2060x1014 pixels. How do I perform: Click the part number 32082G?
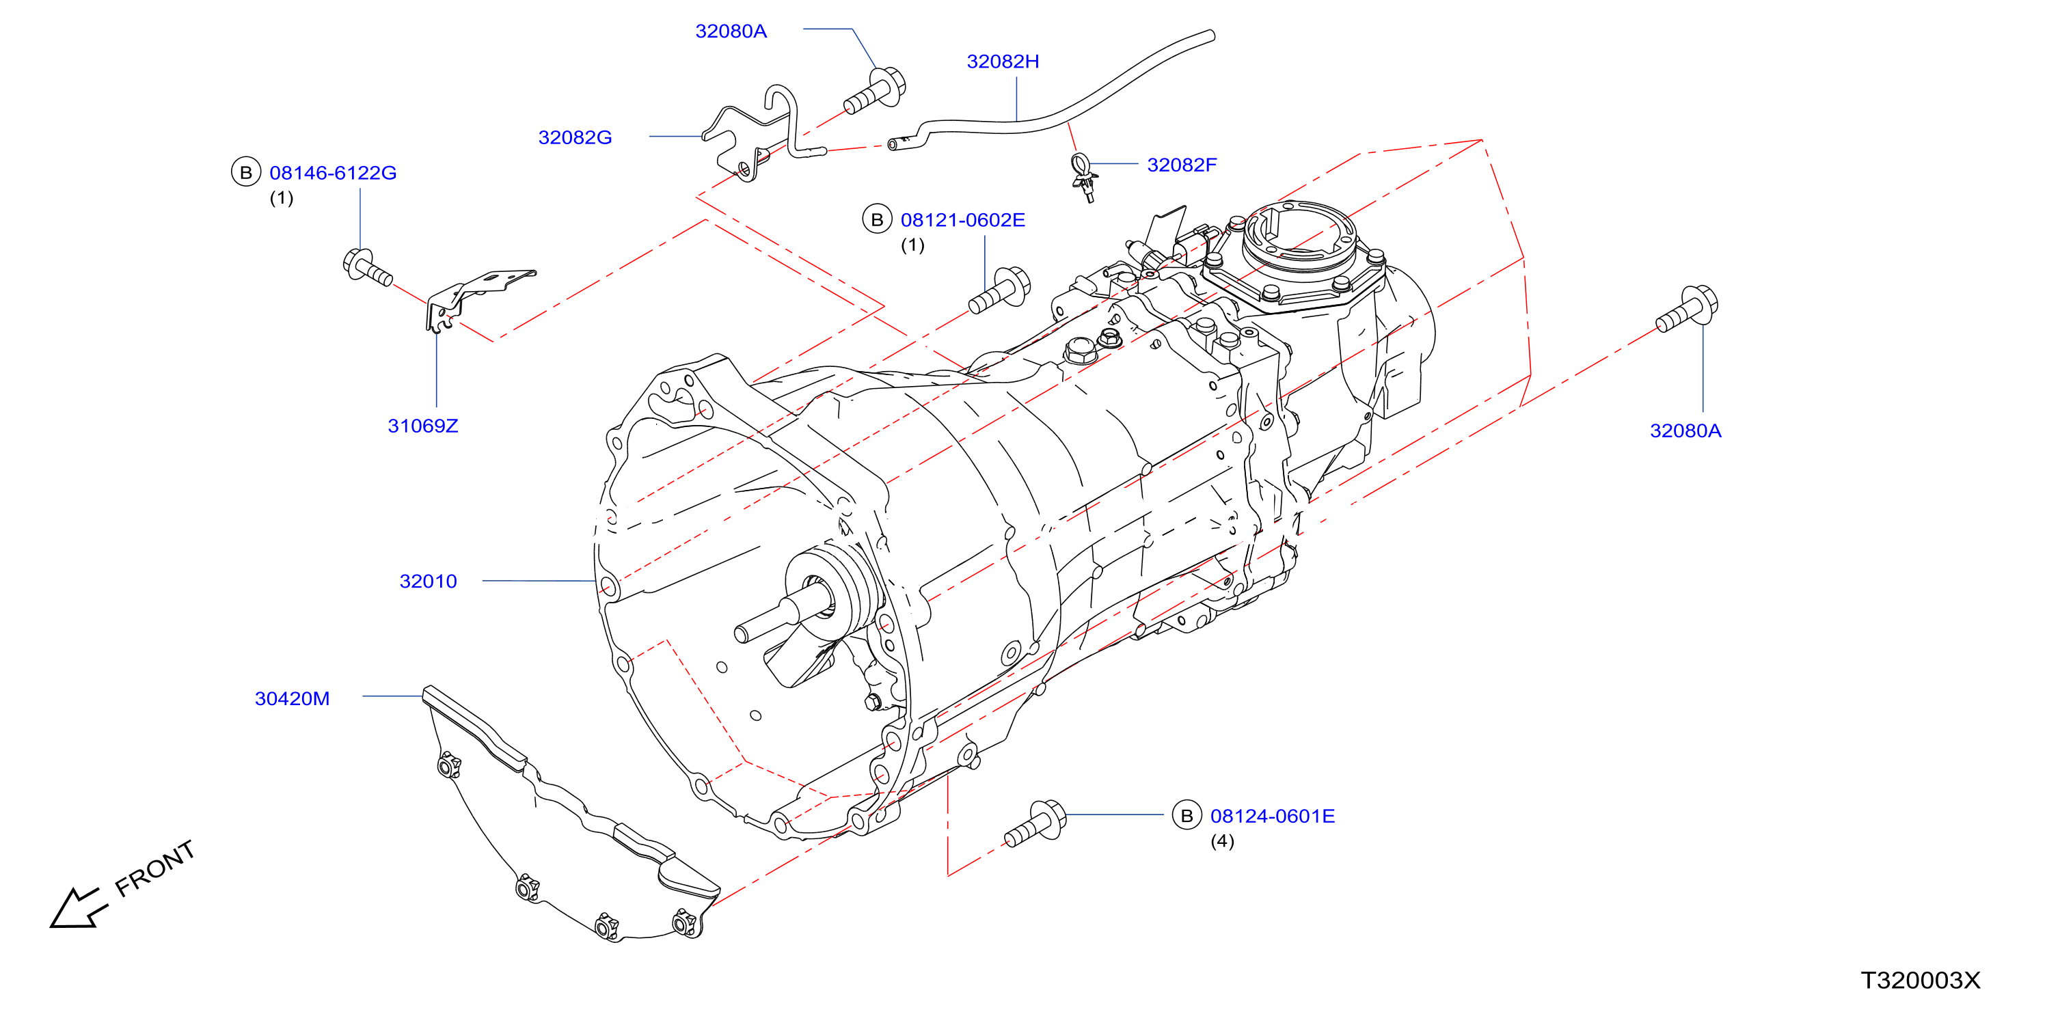coord(574,137)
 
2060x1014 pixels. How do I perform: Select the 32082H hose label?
coord(1003,61)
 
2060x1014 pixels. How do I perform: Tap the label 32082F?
coord(1181,165)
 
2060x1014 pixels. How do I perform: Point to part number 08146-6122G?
coord(333,173)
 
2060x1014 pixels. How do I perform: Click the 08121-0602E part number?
coord(963,220)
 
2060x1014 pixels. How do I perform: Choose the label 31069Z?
coord(423,426)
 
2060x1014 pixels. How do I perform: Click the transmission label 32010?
coord(428,581)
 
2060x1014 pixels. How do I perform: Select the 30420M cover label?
coord(292,699)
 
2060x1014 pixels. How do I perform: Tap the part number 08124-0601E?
coord(1273,817)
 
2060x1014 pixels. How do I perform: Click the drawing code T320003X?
coord(1920,981)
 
